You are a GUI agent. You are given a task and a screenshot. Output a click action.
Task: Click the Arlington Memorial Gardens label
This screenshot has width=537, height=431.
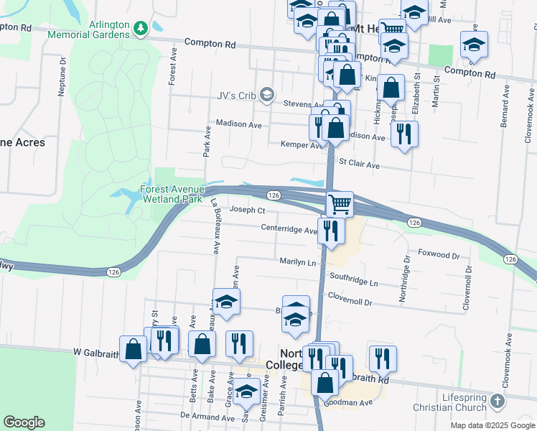[109, 29]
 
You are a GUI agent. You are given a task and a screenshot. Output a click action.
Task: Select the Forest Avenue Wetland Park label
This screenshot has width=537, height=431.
[172, 194]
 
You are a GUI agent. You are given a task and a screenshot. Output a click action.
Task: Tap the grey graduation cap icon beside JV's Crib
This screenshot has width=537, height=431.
[267, 94]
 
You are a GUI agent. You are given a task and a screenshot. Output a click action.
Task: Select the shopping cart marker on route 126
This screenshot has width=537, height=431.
[340, 204]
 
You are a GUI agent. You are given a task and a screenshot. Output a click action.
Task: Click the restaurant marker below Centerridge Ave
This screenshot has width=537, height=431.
[331, 231]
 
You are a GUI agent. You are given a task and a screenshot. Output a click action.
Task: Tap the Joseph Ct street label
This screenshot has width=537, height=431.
[248, 210]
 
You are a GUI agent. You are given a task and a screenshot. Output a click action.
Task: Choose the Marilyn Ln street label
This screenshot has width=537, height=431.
[299, 263]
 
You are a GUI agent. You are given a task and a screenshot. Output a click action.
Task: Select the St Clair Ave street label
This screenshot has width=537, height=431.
[359, 164]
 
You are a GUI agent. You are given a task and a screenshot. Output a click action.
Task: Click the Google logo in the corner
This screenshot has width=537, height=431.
[24, 422]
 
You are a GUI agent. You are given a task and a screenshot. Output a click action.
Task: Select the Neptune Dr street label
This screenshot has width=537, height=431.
[62, 71]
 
